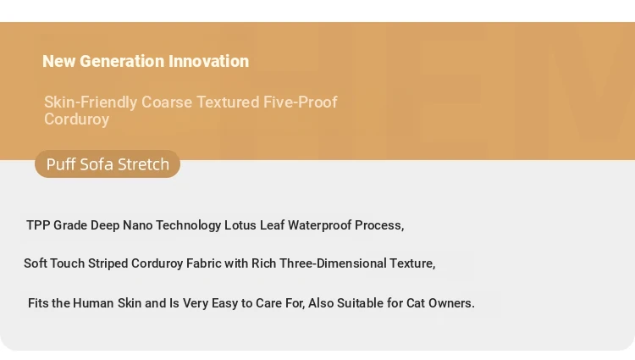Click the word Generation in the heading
(121, 62)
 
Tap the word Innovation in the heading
(208, 62)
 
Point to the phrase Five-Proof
(300, 102)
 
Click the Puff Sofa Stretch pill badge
(108, 164)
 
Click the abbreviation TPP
(38, 225)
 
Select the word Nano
(138, 225)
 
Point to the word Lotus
(240, 225)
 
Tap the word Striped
(108, 263)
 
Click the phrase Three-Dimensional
(333, 263)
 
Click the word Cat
(416, 303)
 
